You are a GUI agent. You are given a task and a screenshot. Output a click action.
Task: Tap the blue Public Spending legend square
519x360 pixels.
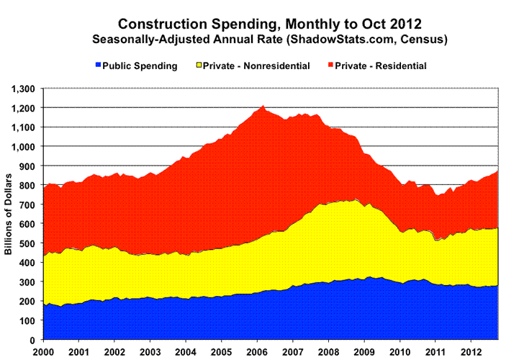pyautogui.click(x=96, y=66)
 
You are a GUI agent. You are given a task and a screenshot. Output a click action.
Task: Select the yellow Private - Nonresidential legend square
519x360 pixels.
pyautogui.click(x=198, y=66)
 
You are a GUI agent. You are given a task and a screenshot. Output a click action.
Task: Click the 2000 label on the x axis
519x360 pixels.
pyautogui.click(x=44, y=351)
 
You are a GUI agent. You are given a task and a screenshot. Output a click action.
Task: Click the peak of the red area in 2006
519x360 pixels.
pyautogui.click(x=263, y=107)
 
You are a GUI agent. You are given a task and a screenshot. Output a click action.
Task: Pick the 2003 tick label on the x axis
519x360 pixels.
pyautogui.click(x=150, y=351)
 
